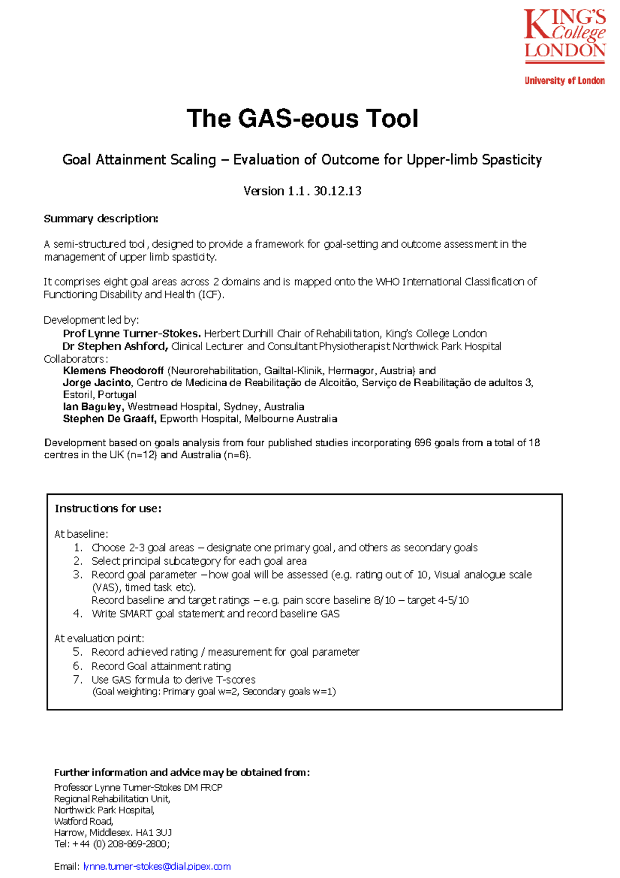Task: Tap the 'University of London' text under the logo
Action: click(564, 81)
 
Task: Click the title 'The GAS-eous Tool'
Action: click(302, 118)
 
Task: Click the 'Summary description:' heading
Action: click(101, 219)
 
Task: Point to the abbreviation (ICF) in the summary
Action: click(211, 295)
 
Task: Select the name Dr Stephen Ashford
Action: click(115, 346)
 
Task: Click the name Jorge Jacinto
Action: click(97, 383)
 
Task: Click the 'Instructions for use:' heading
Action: click(108, 509)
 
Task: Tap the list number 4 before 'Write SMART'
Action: click(78, 614)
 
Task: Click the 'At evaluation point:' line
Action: click(99, 639)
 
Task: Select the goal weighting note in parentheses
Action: click(213, 692)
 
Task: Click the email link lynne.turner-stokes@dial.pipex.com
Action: click(157, 867)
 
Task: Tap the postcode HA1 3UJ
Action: click(153, 832)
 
